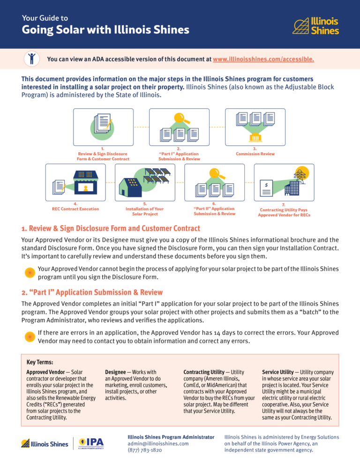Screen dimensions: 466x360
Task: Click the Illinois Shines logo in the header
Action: coord(315,26)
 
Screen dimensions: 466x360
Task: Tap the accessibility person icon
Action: coord(31,59)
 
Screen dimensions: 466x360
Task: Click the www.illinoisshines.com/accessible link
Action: coord(263,60)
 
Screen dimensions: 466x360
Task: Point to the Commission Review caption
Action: coord(255,154)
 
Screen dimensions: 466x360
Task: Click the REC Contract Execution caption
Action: coord(75,209)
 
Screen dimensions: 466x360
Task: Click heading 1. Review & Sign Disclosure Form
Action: coord(111,228)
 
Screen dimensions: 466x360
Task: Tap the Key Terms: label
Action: coord(40,362)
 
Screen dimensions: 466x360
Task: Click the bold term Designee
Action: coord(115,372)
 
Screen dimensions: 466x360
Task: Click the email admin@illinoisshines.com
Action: coord(158,443)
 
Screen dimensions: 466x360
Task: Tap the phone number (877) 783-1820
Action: coord(145,450)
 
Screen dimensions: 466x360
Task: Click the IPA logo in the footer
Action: coord(91,443)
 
